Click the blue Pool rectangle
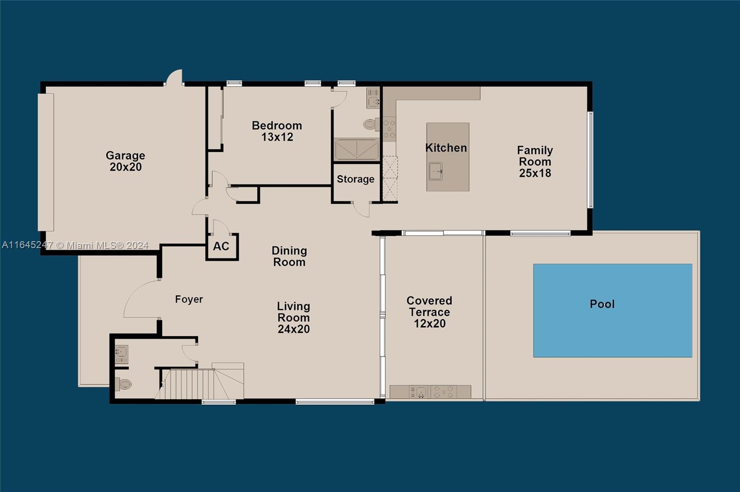pos(612,310)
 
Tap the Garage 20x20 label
pos(125,161)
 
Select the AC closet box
pos(222,247)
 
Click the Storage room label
pos(355,179)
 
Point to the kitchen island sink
pos(435,171)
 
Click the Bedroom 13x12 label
pos(277,131)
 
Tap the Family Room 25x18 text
pos(535,162)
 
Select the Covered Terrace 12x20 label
pos(429,312)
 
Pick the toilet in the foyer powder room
pos(124,384)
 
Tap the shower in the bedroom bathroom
pos(356,149)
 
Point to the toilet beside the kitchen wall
pos(370,124)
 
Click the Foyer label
pos(189,299)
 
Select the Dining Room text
pos(289,256)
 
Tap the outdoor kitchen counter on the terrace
pos(430,392)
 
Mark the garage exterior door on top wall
pos(175,78)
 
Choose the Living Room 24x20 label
pos(293,317)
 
